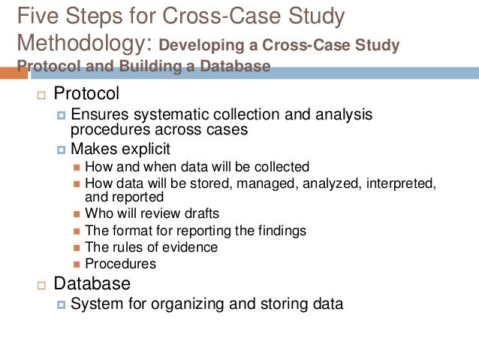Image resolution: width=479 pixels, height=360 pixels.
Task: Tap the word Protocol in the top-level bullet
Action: coord(86,95)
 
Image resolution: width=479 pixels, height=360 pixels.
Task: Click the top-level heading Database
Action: coord(92,284)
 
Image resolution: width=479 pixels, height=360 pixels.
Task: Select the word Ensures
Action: coord(98,115)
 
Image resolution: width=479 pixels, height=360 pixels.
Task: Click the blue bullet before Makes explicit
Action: coord(62,150)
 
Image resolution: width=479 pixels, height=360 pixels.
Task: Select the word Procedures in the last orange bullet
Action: coord(120,263)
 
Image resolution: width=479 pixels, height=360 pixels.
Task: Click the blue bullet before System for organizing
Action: coord(62,305)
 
